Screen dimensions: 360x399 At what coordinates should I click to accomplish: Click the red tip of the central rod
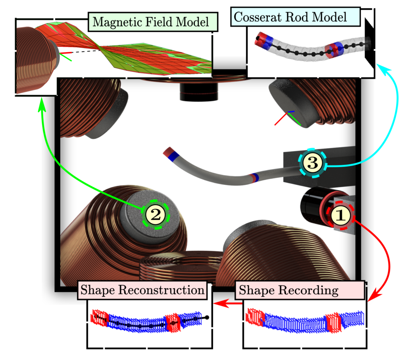(x=168, y=151)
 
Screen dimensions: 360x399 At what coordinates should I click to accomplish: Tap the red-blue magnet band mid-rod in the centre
(x=254, y=177)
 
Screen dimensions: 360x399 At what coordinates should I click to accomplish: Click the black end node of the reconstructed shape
(x=207, y=317)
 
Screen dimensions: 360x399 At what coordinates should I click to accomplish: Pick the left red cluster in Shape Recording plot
(x=255, y=317)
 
